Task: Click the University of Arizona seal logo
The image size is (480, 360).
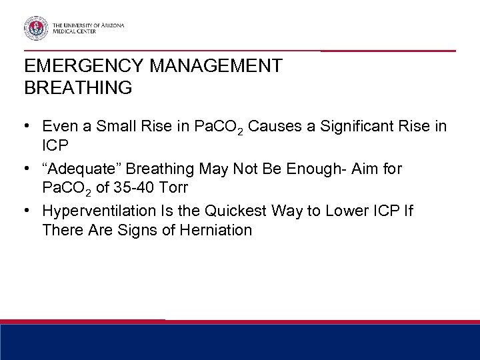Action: [35, 29]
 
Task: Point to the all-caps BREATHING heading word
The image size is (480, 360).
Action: [77, 87]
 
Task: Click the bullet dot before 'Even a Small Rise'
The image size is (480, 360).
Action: [29, 126]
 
